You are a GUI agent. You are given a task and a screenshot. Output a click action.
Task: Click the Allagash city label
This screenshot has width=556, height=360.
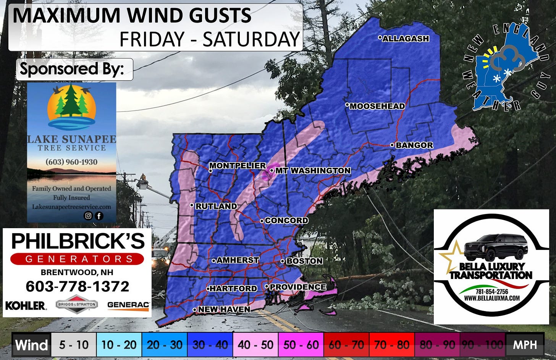(x=406, y=39)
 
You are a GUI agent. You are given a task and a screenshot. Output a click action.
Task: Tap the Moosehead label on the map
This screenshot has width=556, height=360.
(x=377, y=106)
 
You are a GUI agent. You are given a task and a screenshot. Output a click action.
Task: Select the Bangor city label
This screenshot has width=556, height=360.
(x=414, y=145)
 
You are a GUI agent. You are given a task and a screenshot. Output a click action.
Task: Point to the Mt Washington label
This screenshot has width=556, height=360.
(x=312, y=170)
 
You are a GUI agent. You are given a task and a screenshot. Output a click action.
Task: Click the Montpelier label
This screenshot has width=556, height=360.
(x=237, y=165)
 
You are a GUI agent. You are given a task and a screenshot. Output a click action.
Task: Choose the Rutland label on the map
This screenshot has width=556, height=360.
(x=216, y=206)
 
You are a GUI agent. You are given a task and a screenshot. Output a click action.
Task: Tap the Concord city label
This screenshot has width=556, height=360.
(x=286, y=221)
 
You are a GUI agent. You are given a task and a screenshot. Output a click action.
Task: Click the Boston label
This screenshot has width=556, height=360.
(x=304, y=261)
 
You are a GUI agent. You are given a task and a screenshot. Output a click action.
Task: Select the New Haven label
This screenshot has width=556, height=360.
(x=224, y=309)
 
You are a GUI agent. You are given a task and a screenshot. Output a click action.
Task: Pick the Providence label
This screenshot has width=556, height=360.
(x=297, y=287)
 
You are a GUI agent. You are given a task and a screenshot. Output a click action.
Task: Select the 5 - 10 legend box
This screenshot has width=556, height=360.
(x=74, y=345)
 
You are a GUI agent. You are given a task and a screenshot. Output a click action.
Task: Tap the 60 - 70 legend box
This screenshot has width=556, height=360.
(x=346, y=345)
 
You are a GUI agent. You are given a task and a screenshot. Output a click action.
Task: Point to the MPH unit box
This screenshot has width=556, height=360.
(x=525, y=345)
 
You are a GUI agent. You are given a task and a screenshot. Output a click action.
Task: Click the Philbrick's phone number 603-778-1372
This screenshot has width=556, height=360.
(x=78, y=286)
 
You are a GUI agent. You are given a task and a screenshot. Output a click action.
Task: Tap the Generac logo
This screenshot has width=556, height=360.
(x=128, y=305)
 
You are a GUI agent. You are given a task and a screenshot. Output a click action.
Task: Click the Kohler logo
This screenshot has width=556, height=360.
(x=26, y=305)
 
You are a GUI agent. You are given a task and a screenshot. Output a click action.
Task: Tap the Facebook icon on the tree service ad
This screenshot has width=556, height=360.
(x=99, y=216)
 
